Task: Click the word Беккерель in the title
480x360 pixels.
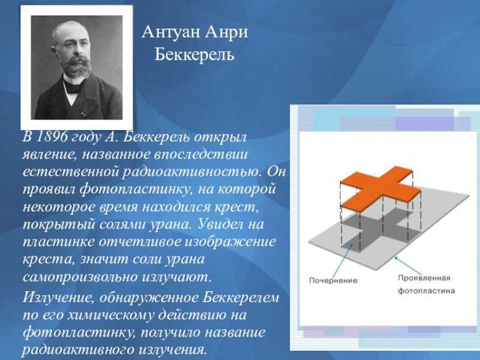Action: (194, 55)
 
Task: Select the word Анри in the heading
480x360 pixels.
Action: (226, 32)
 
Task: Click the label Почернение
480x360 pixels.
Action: (334, 280)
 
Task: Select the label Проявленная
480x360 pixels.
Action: (424, 278)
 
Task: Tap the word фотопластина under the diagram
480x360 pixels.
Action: (426, 290)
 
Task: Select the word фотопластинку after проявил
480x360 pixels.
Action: (136, 190)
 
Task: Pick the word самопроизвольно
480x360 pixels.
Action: (80, 277)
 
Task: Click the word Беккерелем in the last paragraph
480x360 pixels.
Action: (241, 298)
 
